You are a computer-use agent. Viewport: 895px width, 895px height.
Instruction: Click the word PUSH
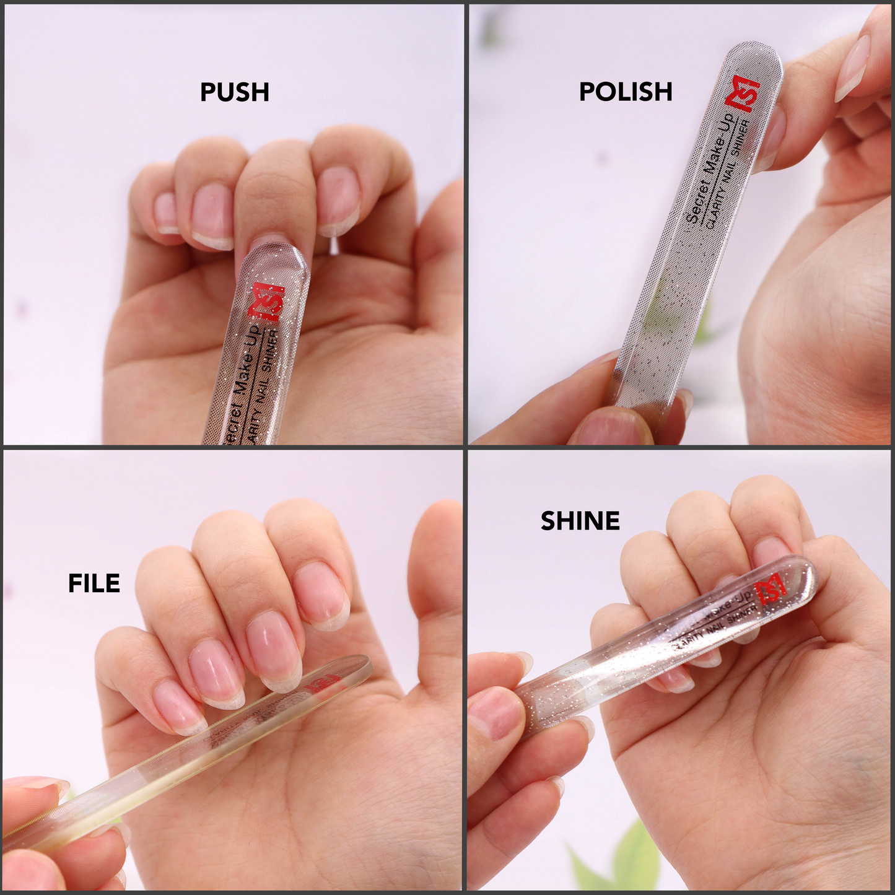(x=234, y=92)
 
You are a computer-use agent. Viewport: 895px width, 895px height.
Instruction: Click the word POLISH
(x=625, y=92)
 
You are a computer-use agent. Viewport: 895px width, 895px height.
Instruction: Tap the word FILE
(x=94, y=583)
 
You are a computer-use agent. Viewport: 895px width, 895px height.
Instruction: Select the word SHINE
(x=580, y=521)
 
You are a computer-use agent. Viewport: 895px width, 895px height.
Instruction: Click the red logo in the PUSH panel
(x=266, y=302)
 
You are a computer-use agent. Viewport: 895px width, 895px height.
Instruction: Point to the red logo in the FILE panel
(x=325, y=683)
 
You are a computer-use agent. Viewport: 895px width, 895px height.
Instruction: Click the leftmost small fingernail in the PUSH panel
(x=166, y=212)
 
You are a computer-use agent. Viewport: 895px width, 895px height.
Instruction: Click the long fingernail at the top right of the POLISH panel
(x=854, y=68)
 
